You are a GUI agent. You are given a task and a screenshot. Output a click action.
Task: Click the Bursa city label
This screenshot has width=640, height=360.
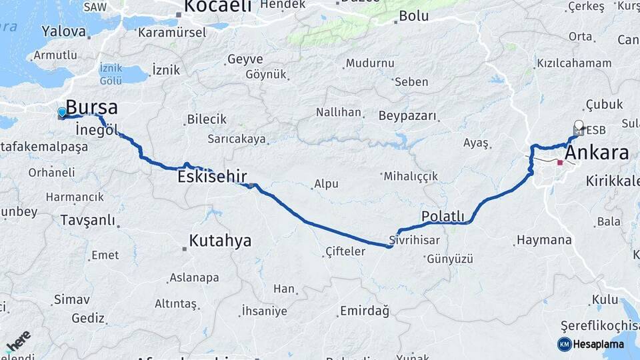point(92,107)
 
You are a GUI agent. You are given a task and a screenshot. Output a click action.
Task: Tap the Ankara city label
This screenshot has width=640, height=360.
point(597,153)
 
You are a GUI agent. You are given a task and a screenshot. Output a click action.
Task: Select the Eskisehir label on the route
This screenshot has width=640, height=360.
point(212,177)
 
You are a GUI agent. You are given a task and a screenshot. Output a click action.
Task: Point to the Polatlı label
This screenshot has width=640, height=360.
point(443,216)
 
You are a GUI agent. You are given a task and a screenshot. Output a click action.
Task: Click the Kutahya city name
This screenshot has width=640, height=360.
point(220,241)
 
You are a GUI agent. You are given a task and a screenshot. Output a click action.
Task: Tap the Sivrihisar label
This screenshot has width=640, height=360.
point(415,241)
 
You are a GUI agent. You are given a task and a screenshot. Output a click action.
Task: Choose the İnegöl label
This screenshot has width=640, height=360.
point(97,128)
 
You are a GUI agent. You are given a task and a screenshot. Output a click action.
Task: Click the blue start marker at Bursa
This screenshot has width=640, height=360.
point(62,113)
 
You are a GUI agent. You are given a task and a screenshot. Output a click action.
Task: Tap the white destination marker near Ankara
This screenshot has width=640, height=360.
point(579,125)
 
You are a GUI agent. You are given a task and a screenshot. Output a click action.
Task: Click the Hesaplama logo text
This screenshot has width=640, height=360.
point(598,344)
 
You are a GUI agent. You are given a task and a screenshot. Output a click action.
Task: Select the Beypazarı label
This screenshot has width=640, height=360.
point(407,116)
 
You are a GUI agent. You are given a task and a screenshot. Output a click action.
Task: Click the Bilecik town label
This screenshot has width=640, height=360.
point(207,119)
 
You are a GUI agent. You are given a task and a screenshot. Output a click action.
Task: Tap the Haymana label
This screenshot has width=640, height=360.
point(544,240)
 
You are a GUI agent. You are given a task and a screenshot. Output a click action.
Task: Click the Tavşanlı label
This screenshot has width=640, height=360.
point(87,220)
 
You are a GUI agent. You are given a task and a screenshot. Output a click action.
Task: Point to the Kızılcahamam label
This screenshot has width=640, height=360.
point(573,63)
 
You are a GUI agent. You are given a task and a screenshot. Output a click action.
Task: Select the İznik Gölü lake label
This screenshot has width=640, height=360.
point(110,74)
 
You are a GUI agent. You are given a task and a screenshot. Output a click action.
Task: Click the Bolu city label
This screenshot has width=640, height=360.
point(414,17)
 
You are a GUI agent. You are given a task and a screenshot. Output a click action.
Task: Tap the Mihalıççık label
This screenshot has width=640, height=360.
point(411,177)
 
